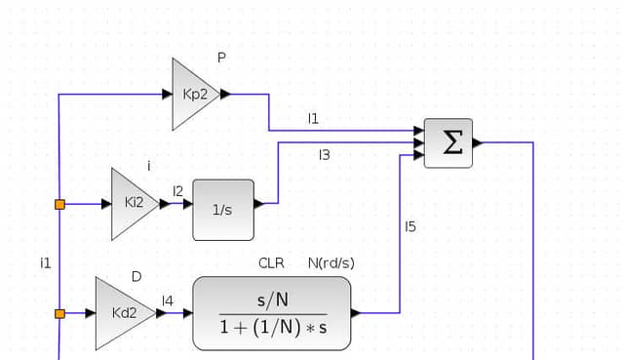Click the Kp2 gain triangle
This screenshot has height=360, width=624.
tap(193, 95)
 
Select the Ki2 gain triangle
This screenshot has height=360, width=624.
tap(134, 204)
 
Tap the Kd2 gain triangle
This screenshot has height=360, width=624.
tap(123, 313)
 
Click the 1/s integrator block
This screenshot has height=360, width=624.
tap(223, 210)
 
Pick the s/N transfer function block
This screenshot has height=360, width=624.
tap(272, 313)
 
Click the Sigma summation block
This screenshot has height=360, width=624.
tap(448, 143)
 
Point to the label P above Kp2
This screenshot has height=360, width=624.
tap(221, 58)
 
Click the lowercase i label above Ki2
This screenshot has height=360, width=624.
tap(149, 166)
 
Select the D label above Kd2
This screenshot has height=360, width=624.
tap(136, 276)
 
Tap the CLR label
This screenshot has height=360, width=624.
tap(271, 263)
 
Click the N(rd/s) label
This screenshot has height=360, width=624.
tap(331, 263)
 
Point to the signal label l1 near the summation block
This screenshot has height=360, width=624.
tap(313, 118)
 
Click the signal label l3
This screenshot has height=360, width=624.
tap(325, 154)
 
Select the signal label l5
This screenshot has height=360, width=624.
tap(410, 226)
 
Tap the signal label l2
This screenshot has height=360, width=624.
tap(177, 191)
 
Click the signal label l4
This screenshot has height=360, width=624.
tap(168, 301)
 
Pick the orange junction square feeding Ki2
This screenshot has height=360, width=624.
tap(59, 205)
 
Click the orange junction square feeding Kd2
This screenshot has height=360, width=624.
tap(59, 314)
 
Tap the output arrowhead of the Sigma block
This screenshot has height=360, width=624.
tap(478, 142)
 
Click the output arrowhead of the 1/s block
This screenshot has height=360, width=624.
tap(259, 204)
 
